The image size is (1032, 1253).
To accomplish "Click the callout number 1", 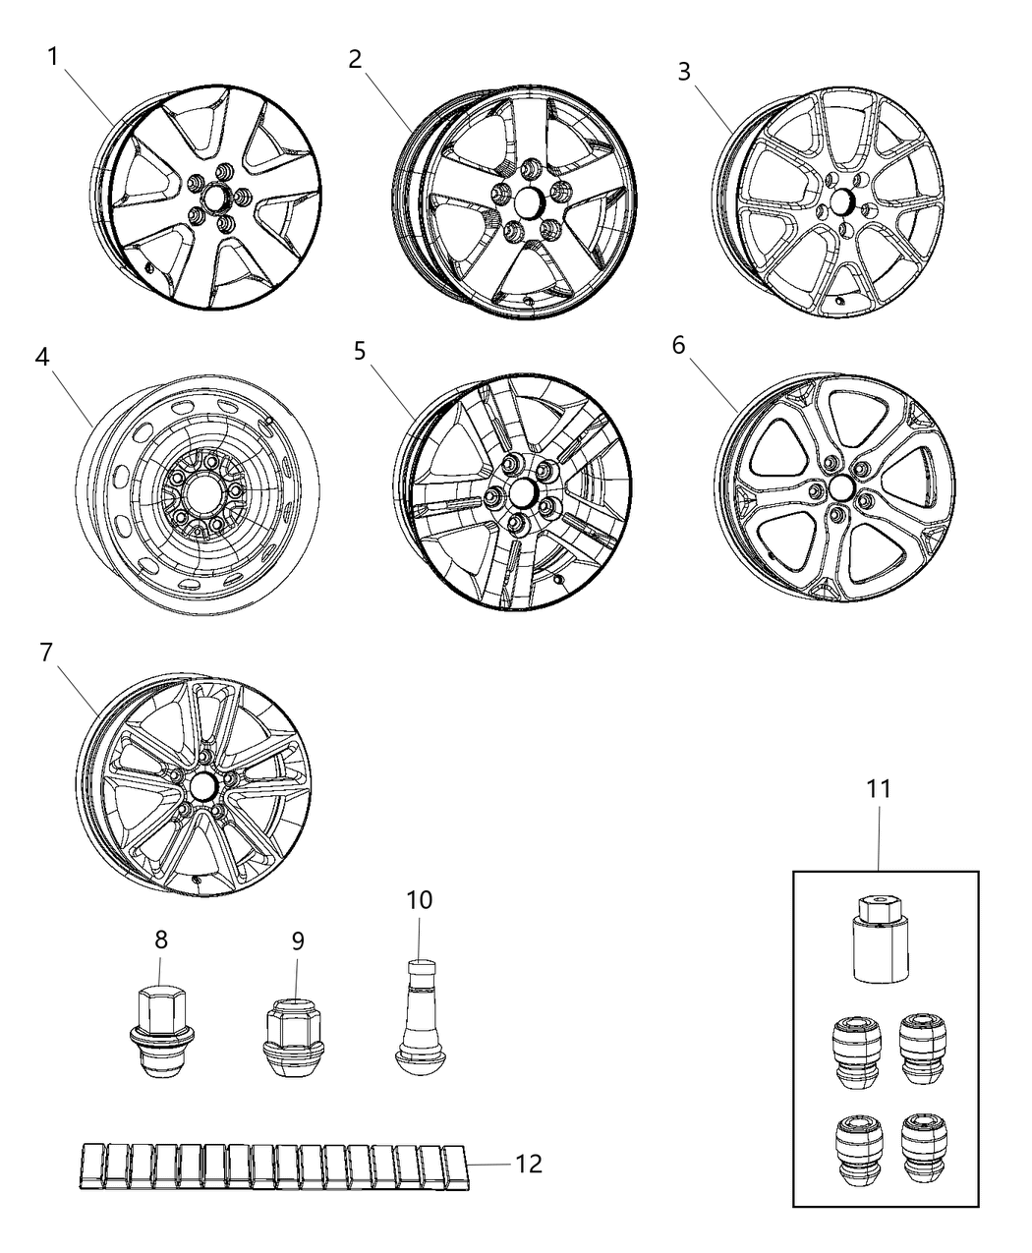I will coord(53,56).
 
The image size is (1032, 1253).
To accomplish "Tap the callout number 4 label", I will coord(42,357).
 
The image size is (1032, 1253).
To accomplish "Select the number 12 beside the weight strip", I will coord(528,1164).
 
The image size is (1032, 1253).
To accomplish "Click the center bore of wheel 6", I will coord(839,487).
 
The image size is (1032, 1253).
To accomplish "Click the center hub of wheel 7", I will coord(202,785).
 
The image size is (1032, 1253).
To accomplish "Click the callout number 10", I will coord(420,899).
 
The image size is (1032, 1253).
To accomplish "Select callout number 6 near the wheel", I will coord(679,346).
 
